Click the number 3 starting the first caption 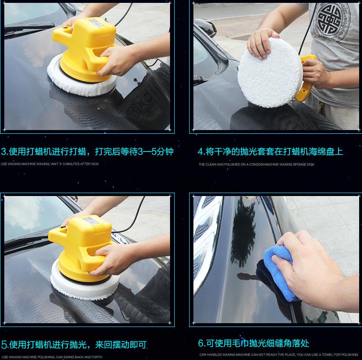(x=4, y=152)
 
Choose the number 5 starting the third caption (x=4, y=344)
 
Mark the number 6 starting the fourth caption (x=201, y=343)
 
